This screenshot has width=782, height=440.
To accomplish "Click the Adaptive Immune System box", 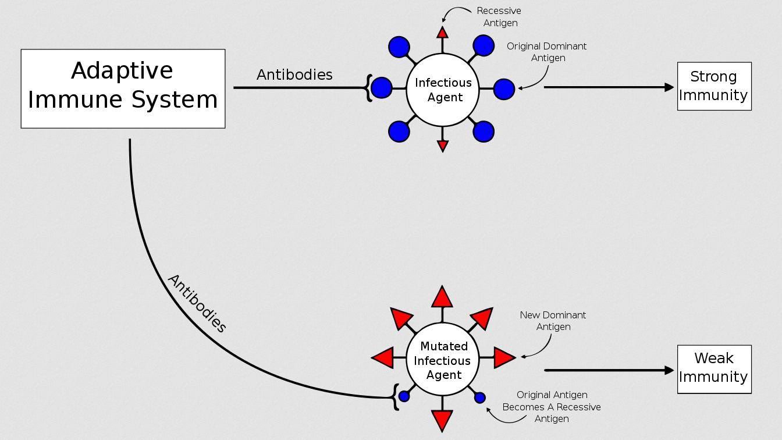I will [123, 88].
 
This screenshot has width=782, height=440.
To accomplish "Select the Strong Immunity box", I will [714, 86].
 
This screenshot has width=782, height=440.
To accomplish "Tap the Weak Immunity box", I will [714, 369].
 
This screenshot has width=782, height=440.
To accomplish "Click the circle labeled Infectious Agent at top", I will [443, 90].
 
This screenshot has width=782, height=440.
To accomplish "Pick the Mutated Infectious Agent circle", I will [443, 360].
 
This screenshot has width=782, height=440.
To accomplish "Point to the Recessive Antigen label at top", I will [499, 17].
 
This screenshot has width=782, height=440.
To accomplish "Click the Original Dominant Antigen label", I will [547, 52].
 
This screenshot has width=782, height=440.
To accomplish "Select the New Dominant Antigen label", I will [553, 321].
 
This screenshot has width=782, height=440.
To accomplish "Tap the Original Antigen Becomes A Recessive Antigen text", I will [552, 407].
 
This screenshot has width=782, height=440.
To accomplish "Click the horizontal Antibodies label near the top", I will [294, 75].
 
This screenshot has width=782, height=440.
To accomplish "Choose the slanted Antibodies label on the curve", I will [197, 303].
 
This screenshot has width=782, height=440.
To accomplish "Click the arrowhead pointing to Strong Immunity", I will [669, 87].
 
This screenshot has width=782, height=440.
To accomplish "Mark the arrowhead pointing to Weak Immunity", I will [669, 370].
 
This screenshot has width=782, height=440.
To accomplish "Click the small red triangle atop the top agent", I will [442, 33].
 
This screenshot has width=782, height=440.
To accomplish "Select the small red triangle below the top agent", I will [442, 146].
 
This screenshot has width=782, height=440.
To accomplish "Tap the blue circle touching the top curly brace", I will [382, 88].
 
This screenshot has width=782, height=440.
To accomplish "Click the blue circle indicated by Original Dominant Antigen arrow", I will [504, 89].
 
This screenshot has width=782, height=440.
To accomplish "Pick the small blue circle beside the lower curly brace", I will [404, 396].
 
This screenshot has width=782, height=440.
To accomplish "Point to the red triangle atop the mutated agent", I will [442, 298].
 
